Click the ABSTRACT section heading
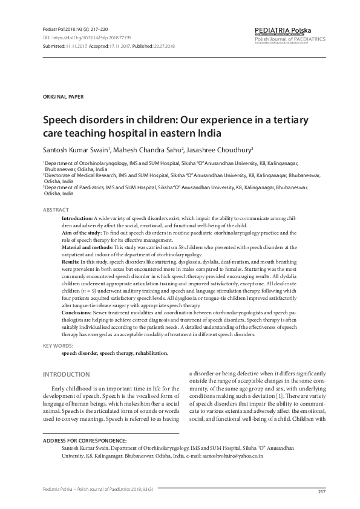tap(56, 209)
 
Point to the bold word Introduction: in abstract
tap(77, 217)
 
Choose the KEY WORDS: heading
tap(59, 346)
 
